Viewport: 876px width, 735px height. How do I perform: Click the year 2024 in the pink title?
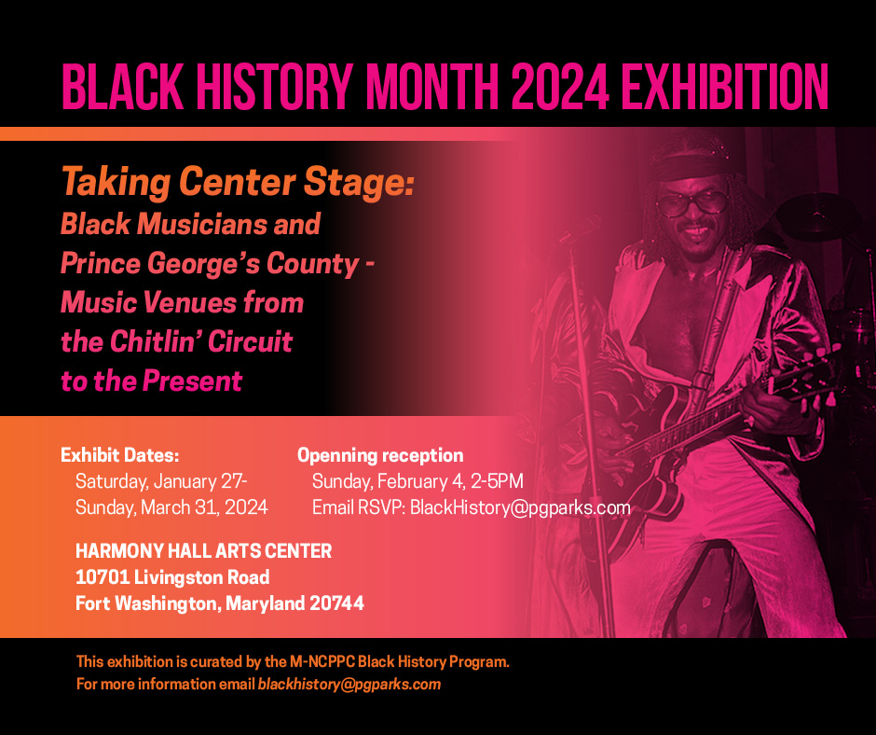[x=559, y=87]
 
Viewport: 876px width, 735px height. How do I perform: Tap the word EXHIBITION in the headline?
[x=725, y=87]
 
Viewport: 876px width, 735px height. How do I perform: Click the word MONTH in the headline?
[x=431, y=87]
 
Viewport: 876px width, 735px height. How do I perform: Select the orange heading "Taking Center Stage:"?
[x=238, y=183]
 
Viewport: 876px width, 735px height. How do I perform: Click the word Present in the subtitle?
[x=192, y=381]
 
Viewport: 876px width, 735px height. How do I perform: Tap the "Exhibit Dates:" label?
[x=119, y=455]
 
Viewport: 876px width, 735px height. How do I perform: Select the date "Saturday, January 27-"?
[x=161, y=481]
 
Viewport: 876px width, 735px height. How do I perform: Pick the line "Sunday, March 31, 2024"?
[x=171, y=507]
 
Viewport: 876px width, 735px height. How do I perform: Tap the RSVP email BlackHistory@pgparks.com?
[x=520, y=508]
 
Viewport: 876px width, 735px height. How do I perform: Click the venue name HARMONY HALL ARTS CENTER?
[x=203, y=551]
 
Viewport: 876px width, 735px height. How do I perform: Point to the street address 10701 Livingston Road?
[x=172, y=577]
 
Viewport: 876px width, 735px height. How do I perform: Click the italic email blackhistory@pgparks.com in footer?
[x=349, y=684]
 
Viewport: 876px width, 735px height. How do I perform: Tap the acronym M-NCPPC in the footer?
[x=322, y=661]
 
